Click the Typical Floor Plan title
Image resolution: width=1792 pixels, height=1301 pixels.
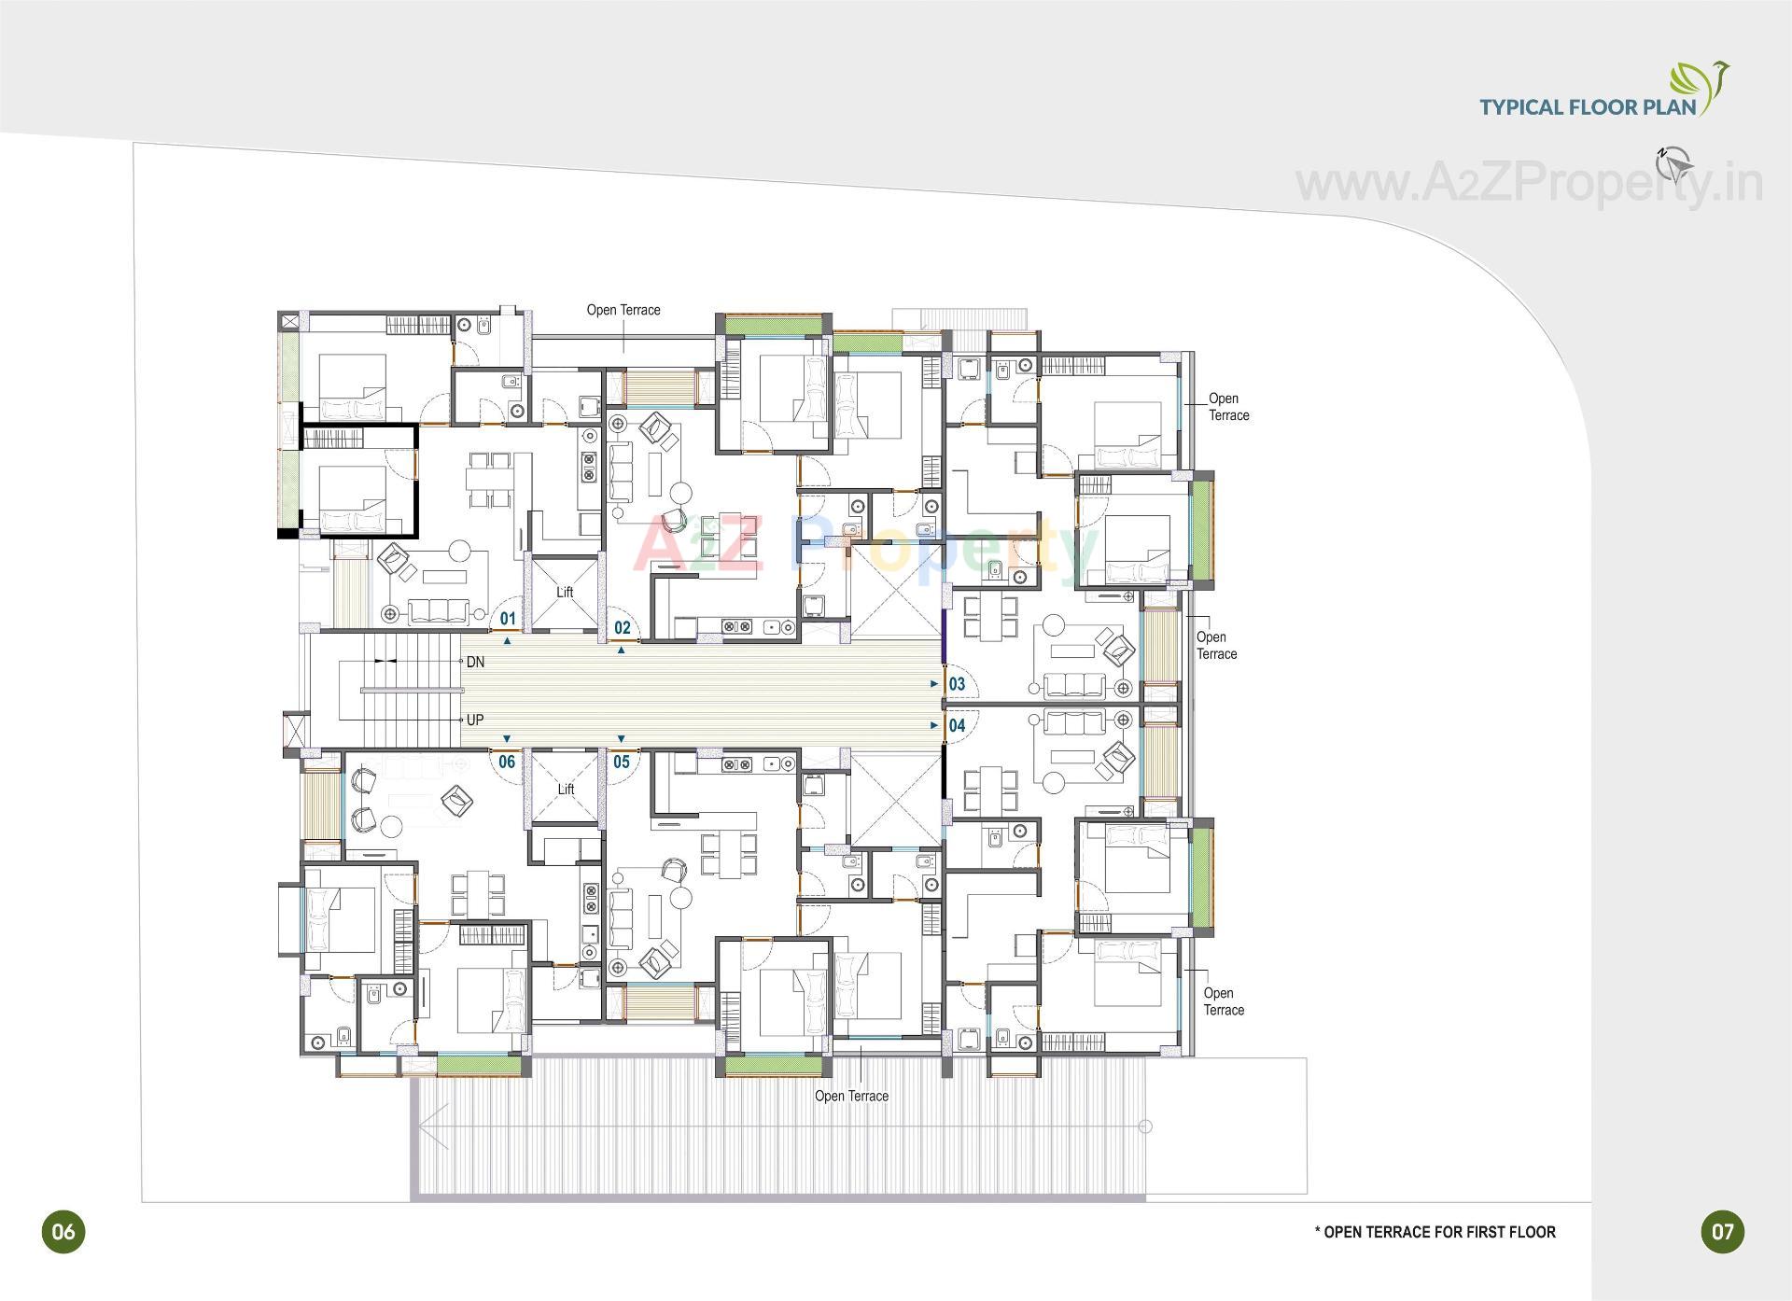(1588, 106)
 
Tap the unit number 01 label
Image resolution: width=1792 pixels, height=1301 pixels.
(508, 619)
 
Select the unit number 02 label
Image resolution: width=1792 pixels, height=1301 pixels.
(622, 628)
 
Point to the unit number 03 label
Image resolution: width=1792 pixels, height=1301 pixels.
(957, 684)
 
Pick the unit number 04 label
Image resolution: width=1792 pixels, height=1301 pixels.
(957, 725)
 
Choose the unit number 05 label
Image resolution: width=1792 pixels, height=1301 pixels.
(621, 762)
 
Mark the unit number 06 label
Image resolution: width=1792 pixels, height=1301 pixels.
(507, 762)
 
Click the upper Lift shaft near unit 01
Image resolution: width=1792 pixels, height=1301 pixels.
(565, 592)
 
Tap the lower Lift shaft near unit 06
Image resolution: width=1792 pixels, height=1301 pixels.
(566, 789)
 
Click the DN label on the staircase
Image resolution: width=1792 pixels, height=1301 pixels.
(475, 662)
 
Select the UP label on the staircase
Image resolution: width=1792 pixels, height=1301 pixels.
(475, 720)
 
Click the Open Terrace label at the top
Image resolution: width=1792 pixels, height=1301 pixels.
(623, 310)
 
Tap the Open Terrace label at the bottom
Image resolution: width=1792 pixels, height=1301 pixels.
(851, 1096)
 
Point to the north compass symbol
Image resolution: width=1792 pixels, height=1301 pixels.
(1674, 164)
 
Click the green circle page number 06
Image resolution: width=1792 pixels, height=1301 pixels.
(63, 1231)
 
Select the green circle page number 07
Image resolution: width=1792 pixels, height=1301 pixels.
(1723, 1231)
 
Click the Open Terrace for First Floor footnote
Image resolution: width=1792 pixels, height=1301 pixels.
(1435, 1232)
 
